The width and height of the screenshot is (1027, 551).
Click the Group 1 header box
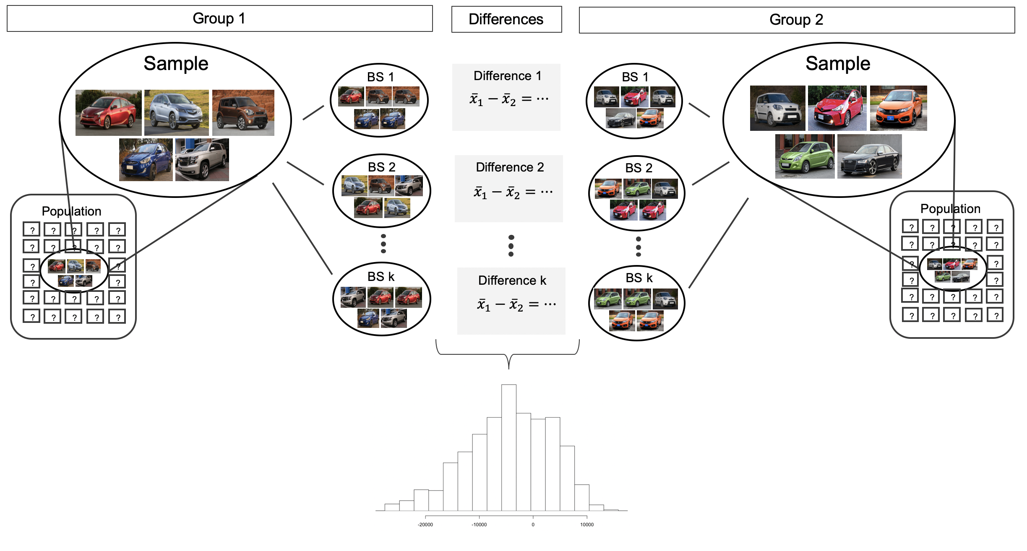coord(219,18)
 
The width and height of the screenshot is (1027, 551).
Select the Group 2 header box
coord(796,20)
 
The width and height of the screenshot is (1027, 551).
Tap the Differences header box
coord(506,19)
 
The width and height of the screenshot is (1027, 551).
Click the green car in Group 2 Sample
coord(805,157)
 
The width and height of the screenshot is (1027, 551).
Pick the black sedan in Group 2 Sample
coord(869,157)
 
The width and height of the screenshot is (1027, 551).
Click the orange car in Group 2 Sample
coord(898,108)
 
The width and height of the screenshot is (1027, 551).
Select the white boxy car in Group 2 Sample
coord(777,108)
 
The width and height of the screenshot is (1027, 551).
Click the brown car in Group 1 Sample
coord(243,112)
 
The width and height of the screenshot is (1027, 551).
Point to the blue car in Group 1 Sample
coord(146,160)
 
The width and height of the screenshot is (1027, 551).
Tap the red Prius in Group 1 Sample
coord(108,112)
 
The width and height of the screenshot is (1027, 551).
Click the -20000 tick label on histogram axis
coord(425,525)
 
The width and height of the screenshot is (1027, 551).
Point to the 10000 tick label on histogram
coord(586,525)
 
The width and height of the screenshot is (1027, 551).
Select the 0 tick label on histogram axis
coord(533,525)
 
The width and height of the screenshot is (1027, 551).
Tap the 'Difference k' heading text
coord(512,281)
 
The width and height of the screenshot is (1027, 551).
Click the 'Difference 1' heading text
coord(507,76)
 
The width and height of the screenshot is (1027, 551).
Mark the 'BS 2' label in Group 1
coord(381,167)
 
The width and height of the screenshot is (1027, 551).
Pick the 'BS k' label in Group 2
coord(639,278)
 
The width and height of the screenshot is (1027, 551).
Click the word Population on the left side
coord(71,211)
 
